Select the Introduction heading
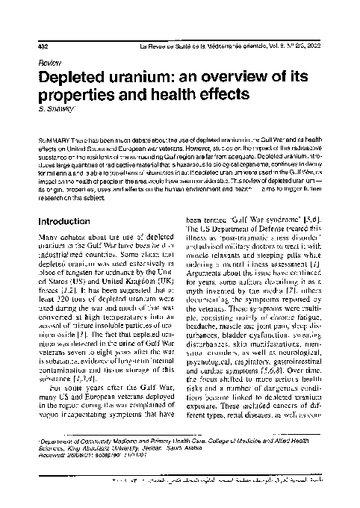69,222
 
